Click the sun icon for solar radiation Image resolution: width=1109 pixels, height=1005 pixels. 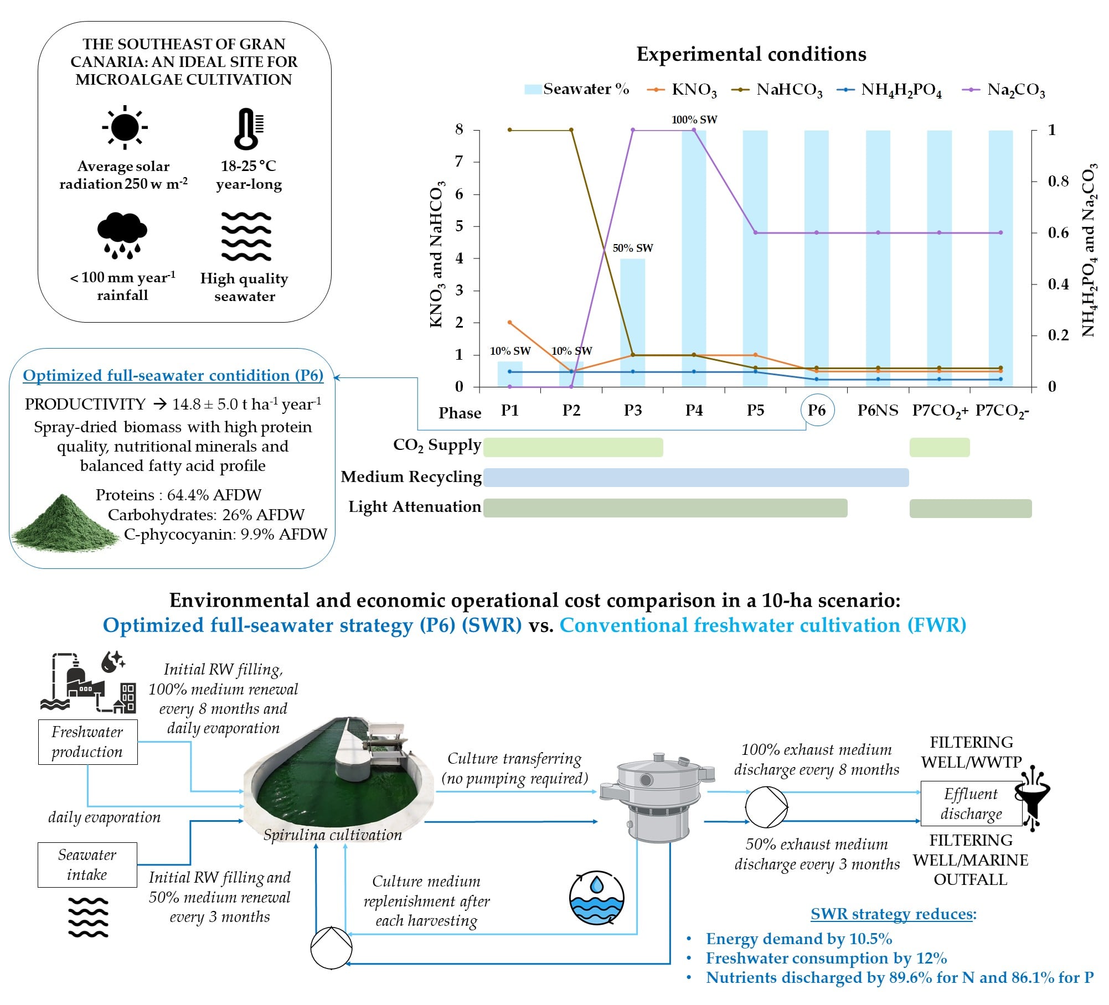pyautogui.click(x=125, y=127)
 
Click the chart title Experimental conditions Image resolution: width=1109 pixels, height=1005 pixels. pyautogui.click(x=751, y=54)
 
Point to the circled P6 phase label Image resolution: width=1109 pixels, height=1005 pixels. pyautogui.click(x=817, y=410)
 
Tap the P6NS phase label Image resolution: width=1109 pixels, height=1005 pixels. pyautogui.click(x=878, y=411)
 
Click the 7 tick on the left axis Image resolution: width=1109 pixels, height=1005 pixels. pyautogui.click(x=459, y=162)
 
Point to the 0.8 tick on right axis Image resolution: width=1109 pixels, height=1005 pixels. pyautogui.click(x=1058, y=181)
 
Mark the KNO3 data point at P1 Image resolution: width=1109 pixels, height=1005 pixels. pyautogui.click(x=510, y=322)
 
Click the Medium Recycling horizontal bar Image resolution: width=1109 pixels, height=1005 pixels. pyautogui.click(x=695, y=478)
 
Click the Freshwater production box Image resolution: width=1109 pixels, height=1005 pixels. pyautogui.click(x=87, y=742)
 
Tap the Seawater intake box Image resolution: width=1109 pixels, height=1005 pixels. pyautogui.click(x=87, y=864)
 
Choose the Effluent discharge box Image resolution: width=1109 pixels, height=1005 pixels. pyautogui.click(x=971, y=804)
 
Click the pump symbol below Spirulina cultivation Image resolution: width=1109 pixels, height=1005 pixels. pyautogui.click(x=331, y=948)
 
